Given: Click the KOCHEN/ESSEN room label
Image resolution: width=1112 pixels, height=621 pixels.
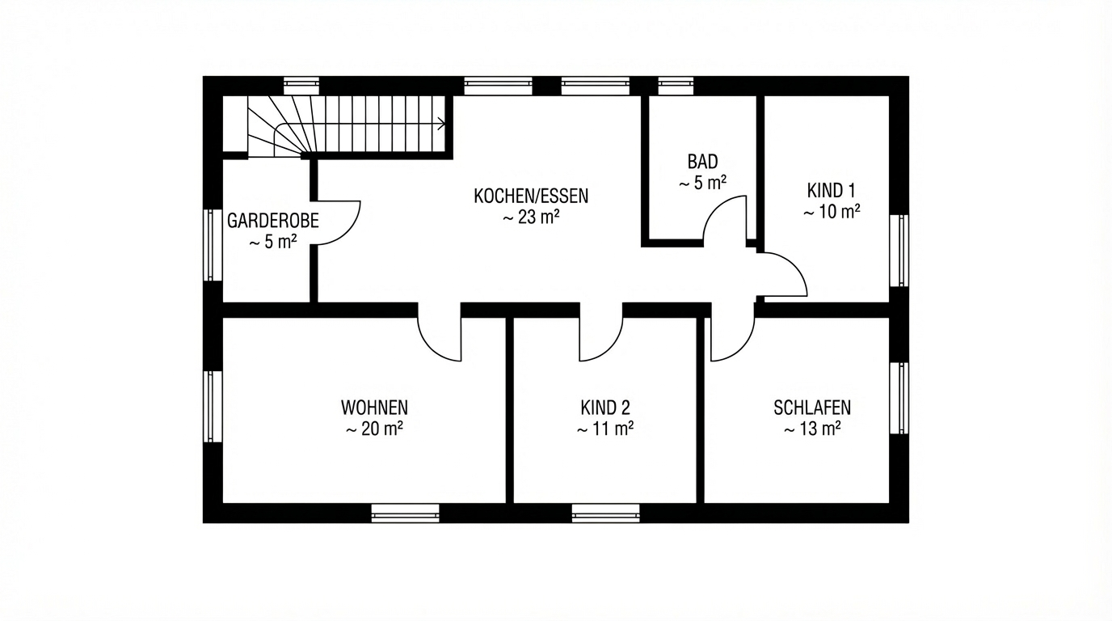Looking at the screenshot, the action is click(531, 196).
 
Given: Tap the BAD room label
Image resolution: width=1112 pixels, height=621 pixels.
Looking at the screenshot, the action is click(702, 162).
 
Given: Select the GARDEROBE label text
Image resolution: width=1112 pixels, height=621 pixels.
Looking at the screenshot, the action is click(273, 221).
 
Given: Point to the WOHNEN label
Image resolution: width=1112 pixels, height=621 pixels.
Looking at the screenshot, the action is click(374, 408).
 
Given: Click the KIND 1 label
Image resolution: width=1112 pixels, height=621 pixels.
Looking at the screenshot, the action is click(831, 190).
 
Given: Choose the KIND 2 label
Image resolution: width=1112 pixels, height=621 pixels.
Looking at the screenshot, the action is click(605, 408).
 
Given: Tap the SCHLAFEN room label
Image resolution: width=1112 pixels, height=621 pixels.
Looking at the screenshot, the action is click(812, 408).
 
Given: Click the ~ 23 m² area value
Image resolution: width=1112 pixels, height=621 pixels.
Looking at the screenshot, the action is click(531, 217).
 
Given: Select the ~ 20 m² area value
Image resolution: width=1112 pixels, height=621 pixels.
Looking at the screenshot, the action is click(374, 429).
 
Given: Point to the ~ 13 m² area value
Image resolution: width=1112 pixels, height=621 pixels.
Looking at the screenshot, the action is click(812, 429).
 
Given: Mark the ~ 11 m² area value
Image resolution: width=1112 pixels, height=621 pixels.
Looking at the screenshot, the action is click(605, 429).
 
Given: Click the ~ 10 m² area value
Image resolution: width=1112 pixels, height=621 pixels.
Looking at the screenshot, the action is click(832, 212).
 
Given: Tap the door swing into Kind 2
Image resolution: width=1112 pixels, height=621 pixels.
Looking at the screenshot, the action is click(611, 349).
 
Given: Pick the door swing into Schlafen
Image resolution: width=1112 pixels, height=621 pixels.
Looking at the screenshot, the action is click(742, 349).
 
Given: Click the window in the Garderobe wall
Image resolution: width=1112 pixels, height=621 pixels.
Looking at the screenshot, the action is click(213, 245).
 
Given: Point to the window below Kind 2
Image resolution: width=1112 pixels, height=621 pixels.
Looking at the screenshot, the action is click(605, 513).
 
